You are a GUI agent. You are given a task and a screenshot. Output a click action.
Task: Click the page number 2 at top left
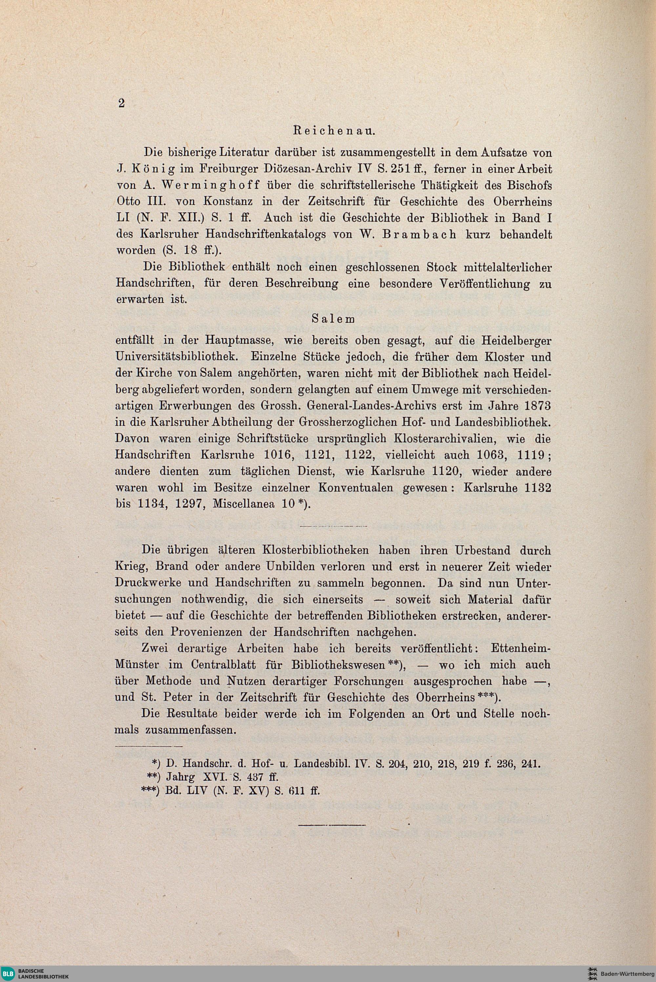(121, 103)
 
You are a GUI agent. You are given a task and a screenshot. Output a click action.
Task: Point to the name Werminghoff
(220, 185)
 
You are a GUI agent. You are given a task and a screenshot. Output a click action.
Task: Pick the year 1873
(536, 406)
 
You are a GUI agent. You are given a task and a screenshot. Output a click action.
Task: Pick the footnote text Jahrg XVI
(191, 777)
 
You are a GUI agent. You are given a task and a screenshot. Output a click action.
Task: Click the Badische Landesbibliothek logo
(35, 973)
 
